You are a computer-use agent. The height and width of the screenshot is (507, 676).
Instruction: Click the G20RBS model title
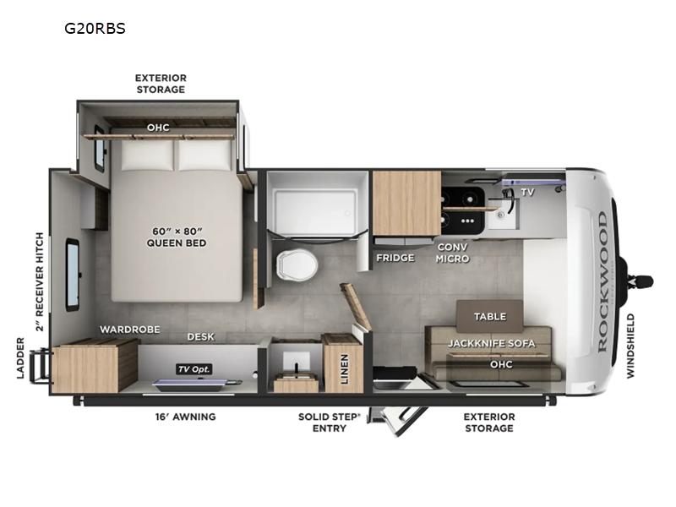[x=95, y=29]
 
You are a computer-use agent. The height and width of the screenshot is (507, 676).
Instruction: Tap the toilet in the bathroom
[x=297, y=263]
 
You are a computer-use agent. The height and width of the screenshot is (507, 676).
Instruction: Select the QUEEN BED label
[x=177, y=243]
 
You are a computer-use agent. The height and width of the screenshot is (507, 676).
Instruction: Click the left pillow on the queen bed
[x=147, y=155]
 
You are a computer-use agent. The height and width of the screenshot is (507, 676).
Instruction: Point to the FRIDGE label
[x=395, y=258]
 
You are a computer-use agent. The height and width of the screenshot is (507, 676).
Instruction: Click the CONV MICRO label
[x=452, y=253]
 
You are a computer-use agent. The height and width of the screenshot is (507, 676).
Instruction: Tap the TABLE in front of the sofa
[x=490, y=316]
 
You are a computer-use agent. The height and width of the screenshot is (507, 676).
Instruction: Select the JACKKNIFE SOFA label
[x=492, y=344]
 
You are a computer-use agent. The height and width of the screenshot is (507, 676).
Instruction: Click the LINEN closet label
[x=344, y=369]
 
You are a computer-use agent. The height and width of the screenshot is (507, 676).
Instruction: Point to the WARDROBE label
[x=130, y=330]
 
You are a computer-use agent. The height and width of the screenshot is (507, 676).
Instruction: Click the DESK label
[x=200, y=336]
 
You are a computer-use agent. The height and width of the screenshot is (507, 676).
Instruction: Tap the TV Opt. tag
[x=194, y=369]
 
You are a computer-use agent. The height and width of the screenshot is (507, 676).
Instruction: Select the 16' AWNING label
[x=185, y=417]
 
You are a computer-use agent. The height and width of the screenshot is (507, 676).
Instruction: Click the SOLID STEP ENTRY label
[x=329, y=422]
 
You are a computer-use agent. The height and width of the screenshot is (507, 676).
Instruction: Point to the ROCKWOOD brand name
[x=602, y=282]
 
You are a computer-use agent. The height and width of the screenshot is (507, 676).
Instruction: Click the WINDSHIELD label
[x=630, y=346]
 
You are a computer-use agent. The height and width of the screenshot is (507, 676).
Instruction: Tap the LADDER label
[x=20, y=358]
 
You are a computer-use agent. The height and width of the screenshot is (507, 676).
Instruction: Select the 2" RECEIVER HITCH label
[x=40, y=282]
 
